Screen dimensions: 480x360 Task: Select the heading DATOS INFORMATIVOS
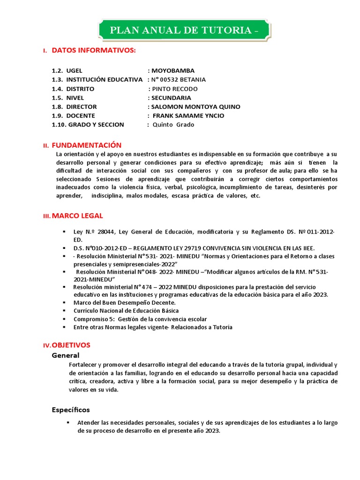94,50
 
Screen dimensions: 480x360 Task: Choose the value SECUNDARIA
171,98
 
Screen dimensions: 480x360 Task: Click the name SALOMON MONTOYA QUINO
195,107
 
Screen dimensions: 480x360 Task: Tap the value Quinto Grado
173,125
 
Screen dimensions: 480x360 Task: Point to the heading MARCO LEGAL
77,216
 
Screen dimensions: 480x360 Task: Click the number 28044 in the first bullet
106,232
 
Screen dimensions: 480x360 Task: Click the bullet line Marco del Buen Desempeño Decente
118,303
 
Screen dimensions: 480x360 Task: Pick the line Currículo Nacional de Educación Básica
126,311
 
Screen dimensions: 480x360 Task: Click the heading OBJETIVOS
71,345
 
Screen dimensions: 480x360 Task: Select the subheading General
66,355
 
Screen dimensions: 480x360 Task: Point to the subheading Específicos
71,410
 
